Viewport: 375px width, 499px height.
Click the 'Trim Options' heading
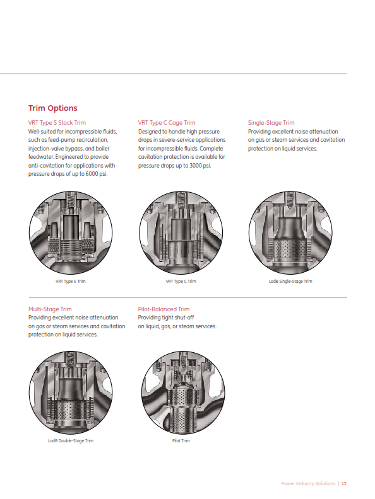53,108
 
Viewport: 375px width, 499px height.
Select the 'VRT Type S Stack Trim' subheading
57,122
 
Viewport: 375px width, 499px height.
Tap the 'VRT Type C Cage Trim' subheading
167,122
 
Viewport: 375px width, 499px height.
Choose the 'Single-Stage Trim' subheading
271,122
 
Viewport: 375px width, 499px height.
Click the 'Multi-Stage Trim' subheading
50,309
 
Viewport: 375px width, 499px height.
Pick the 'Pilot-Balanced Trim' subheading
164,309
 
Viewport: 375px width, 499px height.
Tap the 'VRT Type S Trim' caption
70,281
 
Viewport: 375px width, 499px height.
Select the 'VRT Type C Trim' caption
181,281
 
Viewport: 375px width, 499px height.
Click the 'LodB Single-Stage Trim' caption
290,281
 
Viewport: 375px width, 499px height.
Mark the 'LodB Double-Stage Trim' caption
70,440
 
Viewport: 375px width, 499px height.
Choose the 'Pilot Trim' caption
181,440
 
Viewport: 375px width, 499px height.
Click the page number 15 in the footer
345,483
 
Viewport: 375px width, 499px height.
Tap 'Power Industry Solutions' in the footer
308,483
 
